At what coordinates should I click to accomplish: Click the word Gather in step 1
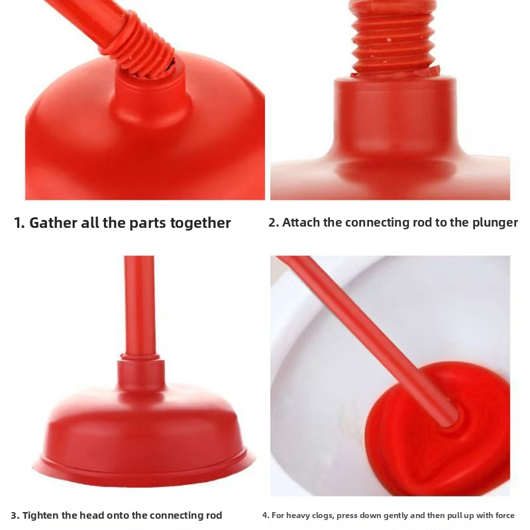(x=53, y=223)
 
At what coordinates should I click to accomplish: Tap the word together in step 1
(x=201, y=223)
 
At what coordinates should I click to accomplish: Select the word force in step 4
(x=505, y=515)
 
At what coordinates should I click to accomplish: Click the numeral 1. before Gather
(x=20, y=223)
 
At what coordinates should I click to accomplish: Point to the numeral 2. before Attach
(x=274, y=223)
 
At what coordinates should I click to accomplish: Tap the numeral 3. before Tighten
(x=15, y=516)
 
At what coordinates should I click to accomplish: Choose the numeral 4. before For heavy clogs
(x=266, y=516)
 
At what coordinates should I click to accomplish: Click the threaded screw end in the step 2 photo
(x=394, y=37)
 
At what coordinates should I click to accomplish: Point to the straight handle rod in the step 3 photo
(x=139, y=306)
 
